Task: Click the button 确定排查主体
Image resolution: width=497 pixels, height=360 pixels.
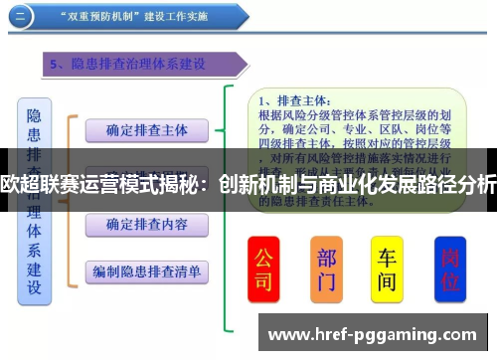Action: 146,129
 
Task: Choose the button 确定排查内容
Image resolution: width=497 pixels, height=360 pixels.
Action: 146,225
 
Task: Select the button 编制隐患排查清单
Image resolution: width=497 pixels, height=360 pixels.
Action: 146,270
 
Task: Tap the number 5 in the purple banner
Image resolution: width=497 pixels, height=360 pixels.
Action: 56,65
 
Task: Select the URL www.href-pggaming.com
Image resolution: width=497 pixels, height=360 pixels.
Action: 373,332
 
